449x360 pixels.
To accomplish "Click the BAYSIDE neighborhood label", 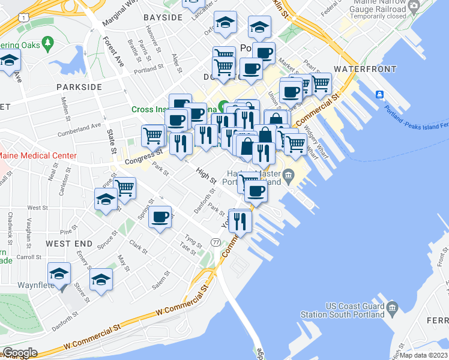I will (x=163, y=17).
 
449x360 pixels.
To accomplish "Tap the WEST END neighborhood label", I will (x=70, y=244).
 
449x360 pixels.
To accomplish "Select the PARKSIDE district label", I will (x=79, y=87).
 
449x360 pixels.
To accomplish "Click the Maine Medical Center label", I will (x=38, y=155).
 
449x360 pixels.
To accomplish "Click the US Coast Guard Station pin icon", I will (x=393, y=308).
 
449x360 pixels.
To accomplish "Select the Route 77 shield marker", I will (x=216, y=241).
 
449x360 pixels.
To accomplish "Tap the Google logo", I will (x=19, y=353).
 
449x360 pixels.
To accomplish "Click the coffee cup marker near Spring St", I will (x=160, y=217).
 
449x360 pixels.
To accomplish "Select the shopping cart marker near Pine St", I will (x=125, y=188).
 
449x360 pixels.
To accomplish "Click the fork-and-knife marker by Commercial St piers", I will (x=240, y=220).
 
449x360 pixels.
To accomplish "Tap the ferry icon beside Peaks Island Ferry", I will (x=380, y=95).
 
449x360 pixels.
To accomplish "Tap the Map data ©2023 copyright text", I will (x=423, y=355).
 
